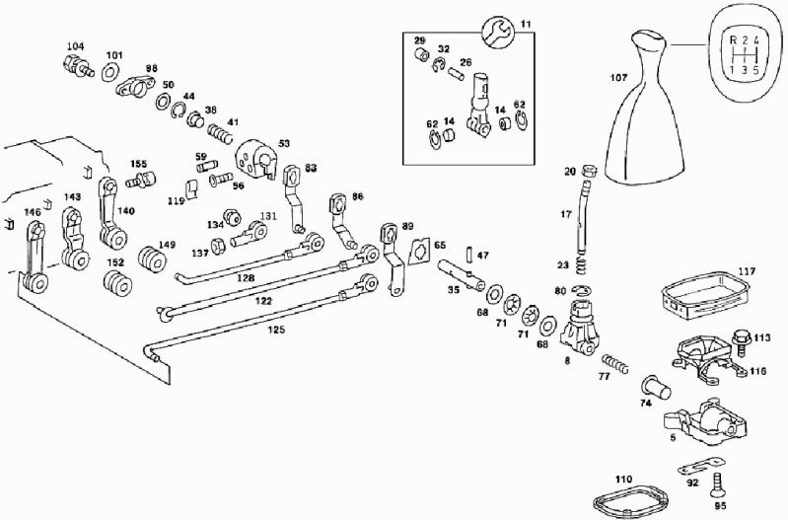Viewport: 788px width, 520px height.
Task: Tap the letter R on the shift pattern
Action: (732, 41)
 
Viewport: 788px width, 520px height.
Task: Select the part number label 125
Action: (277, 330)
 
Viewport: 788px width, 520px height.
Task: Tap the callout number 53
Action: (285, 144)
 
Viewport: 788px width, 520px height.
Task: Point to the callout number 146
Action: (33, 212)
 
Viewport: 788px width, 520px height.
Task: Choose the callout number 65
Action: (440, 245)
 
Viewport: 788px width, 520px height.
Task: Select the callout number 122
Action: (264, 300)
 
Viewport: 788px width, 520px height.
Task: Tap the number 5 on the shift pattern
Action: (755, 70)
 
